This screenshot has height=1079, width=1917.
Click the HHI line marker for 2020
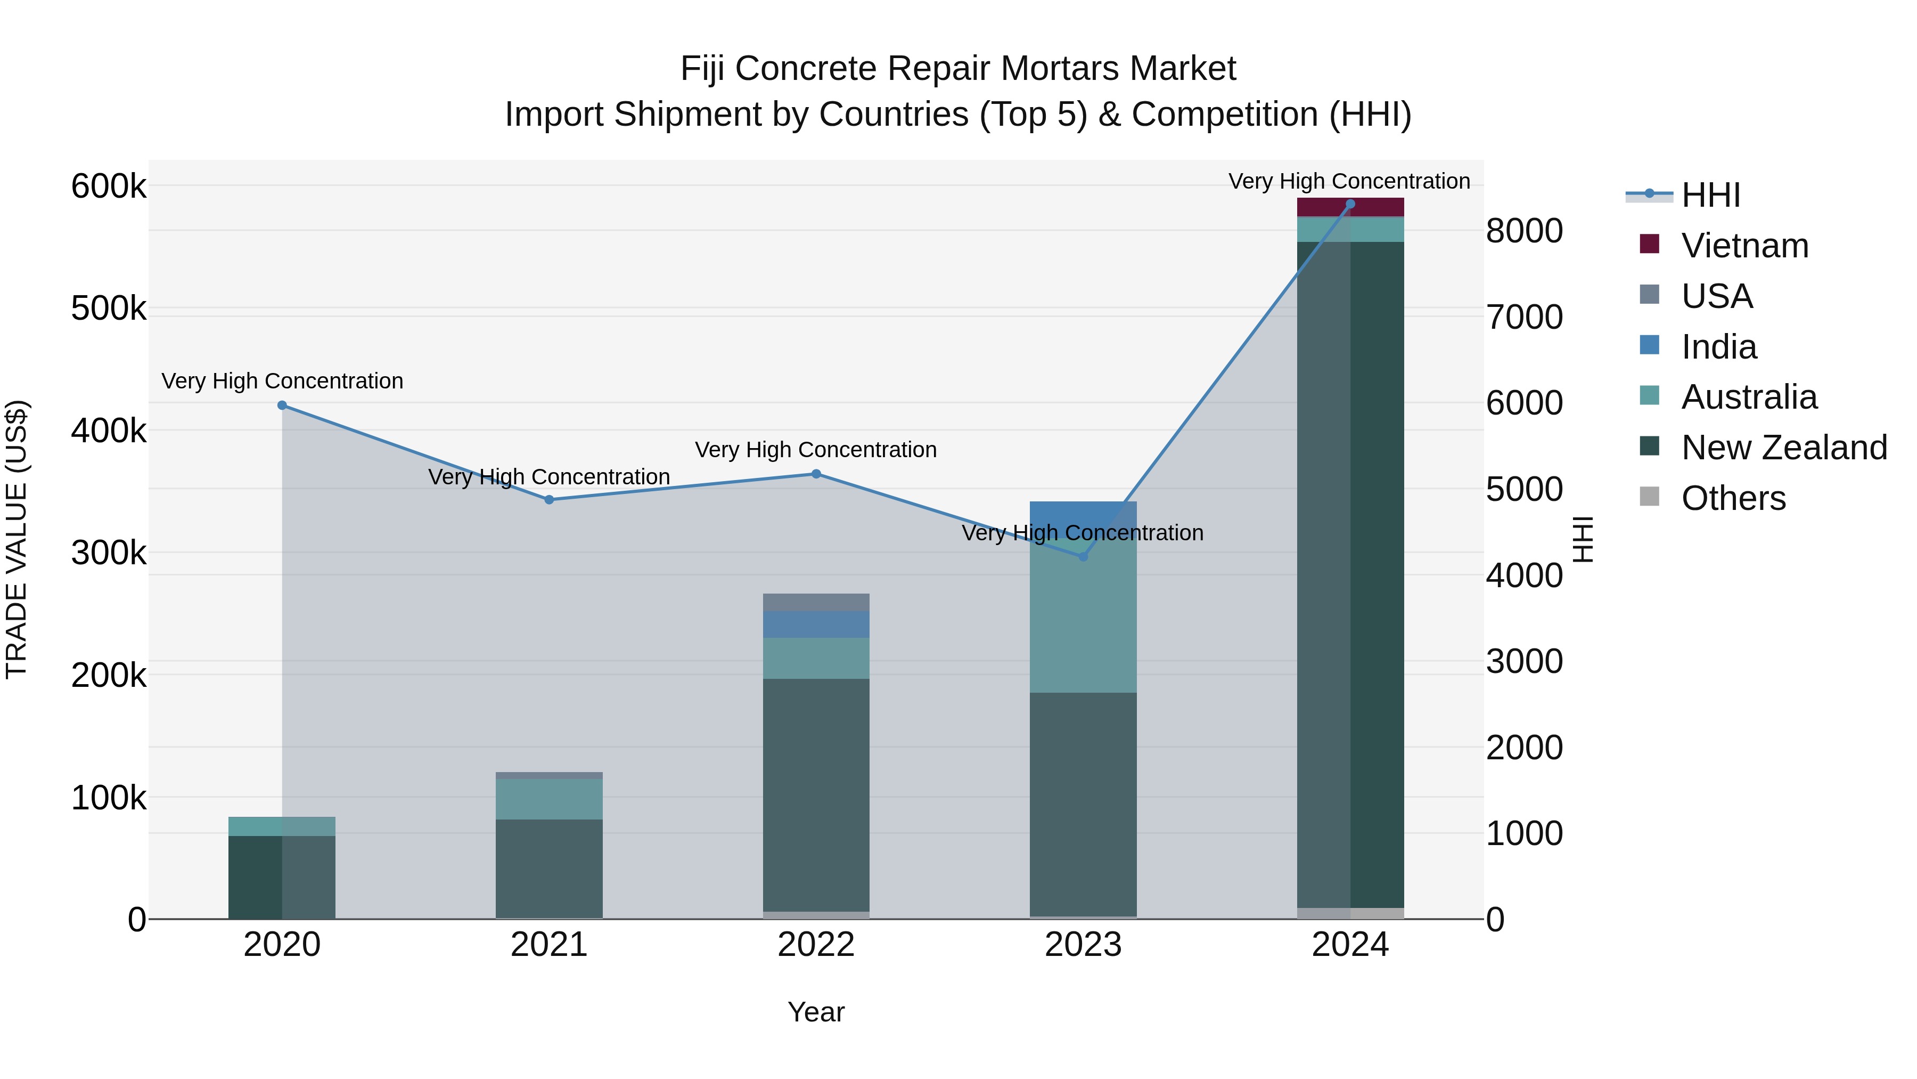(x=282, y=405)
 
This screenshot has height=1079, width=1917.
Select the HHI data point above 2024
(x=1350, y=204)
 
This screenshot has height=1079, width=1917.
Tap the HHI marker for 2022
(x=816, y=474)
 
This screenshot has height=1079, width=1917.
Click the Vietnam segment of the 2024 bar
(x=1350, y=207)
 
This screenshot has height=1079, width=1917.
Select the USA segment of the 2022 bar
(x=816, y=602)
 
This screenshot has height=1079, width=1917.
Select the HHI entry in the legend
(x=1710, y=195)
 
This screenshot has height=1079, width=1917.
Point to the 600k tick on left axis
(x=109, y=186)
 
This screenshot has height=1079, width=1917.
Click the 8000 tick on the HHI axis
(x=1524, y=231)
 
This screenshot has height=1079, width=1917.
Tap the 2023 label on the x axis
(x=1083, y=945)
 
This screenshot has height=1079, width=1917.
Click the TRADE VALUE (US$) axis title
(x=17, y=539)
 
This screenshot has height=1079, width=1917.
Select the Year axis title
(x=816, y=1012)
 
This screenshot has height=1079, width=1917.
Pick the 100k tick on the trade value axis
(x=109, y=798)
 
